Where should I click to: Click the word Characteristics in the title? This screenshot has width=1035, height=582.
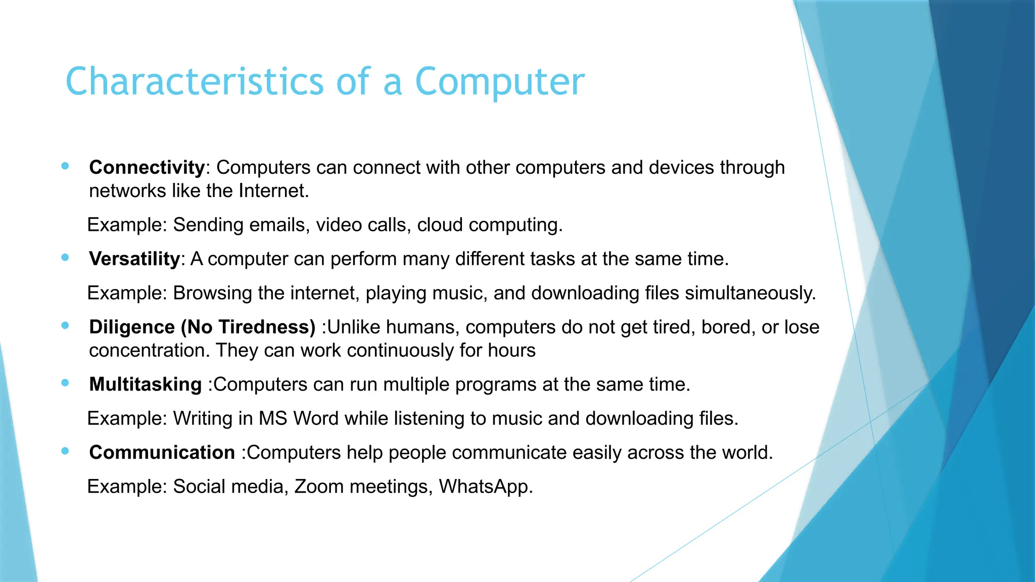tap(194, 81)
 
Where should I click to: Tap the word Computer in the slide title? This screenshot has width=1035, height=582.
tap(499, 82)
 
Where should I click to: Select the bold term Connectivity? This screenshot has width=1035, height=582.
tap(147, 167)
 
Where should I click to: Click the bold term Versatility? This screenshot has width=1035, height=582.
tap(134, 259)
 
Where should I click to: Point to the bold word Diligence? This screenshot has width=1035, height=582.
tap(132, 327)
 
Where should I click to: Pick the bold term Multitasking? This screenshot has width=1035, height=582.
tap(146, 384)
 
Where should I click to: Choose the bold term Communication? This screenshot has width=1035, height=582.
tap(162, 452)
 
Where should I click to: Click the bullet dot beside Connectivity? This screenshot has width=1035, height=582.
tap(65, 166)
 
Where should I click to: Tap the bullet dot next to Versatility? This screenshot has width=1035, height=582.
tap(65, 257)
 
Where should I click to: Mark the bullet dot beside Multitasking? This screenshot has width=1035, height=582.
tap(65, 383)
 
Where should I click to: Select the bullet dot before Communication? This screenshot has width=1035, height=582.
tap(65, 451)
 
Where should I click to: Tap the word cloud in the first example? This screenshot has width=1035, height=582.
tap(440, 225)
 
